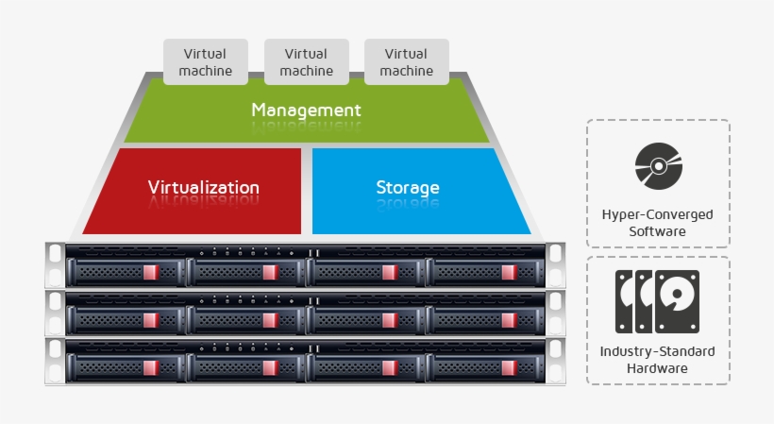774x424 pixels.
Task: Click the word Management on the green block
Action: [306, 110]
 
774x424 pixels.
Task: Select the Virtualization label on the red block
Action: [203, 187]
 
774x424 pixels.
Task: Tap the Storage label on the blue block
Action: [407, 187]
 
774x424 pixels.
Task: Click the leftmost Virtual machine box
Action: [206, 61]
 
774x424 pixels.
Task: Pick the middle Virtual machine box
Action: [306, 61]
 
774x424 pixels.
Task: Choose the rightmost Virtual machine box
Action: [406, 61]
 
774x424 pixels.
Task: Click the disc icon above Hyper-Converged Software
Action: [657, 167]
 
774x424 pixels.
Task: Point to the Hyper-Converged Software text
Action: [657, 222]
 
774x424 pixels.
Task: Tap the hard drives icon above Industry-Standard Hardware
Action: [657, 301]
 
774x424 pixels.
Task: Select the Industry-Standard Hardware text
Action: [657, 359]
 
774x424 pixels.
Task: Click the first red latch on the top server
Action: [152, 273]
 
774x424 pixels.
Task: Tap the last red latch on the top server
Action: [510, 273]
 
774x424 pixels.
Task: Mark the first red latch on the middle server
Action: [152, 320]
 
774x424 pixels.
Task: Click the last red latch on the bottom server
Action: [510, 366]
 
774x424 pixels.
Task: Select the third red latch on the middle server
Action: [391, 320]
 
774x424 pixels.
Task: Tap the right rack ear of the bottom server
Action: [555, 359]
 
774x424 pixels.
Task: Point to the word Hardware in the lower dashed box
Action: [657, 367]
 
